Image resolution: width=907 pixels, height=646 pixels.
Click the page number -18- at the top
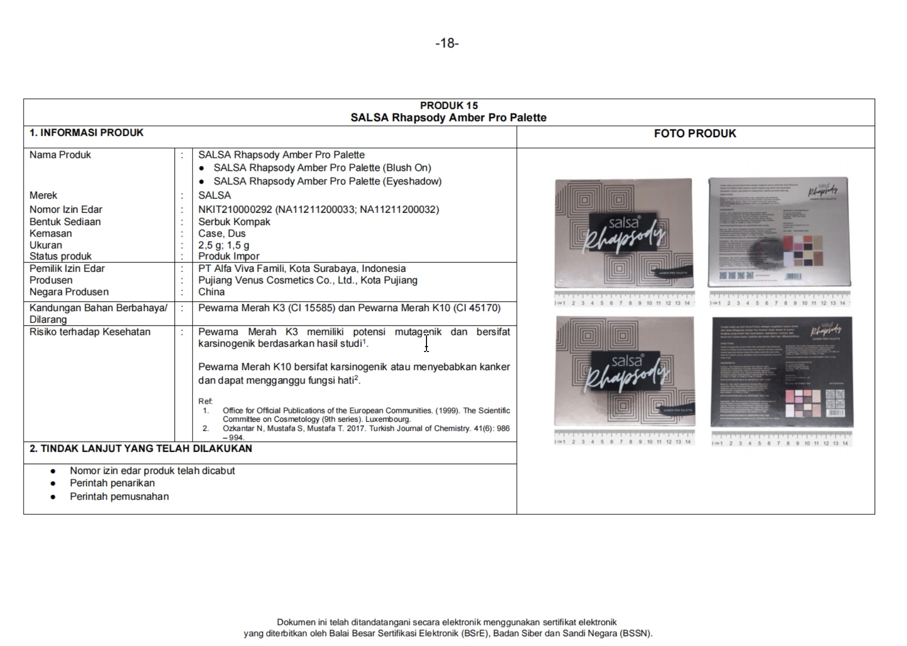pyautogui.click(x=447, y=43)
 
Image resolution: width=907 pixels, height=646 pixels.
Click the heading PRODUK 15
pyautogui.click(x=449, y=105)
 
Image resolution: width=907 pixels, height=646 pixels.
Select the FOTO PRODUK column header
pyautogui.click(x=695, y=134)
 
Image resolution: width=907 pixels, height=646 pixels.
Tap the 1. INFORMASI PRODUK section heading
pyautogui.click(x=86, y=133)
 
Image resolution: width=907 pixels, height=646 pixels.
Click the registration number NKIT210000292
pyautogui.click(x=235, y=209)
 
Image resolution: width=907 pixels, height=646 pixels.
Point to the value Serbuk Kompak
pyautogui.click(x=234, y=222)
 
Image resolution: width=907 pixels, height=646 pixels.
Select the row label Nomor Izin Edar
pyautogui.click(x=66, y=209)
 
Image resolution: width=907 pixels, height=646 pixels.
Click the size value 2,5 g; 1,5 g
pyautogui.click(x=224, y=245)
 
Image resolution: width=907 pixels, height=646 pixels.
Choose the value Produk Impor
pyautogui.click(x=228, y=256)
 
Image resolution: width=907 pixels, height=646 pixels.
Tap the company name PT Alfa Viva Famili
pyautogui.click(x=241, y=268)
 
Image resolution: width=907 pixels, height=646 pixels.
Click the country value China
pyautogui.click(x=211, y=292)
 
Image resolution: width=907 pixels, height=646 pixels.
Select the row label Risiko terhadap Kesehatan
pyautogui.click(x=90, y=332)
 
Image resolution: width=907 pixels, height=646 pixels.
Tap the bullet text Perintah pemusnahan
pyautogui.click(x=119, y=497)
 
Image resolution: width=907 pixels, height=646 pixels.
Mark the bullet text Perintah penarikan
pyautogui.click(x=112, y=483)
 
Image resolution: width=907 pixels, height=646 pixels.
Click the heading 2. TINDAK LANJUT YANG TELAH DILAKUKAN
pyautogui.click(x=141, y=448)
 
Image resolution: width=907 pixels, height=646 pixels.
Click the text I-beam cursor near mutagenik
pyautogui.click(x=426, y=343)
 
